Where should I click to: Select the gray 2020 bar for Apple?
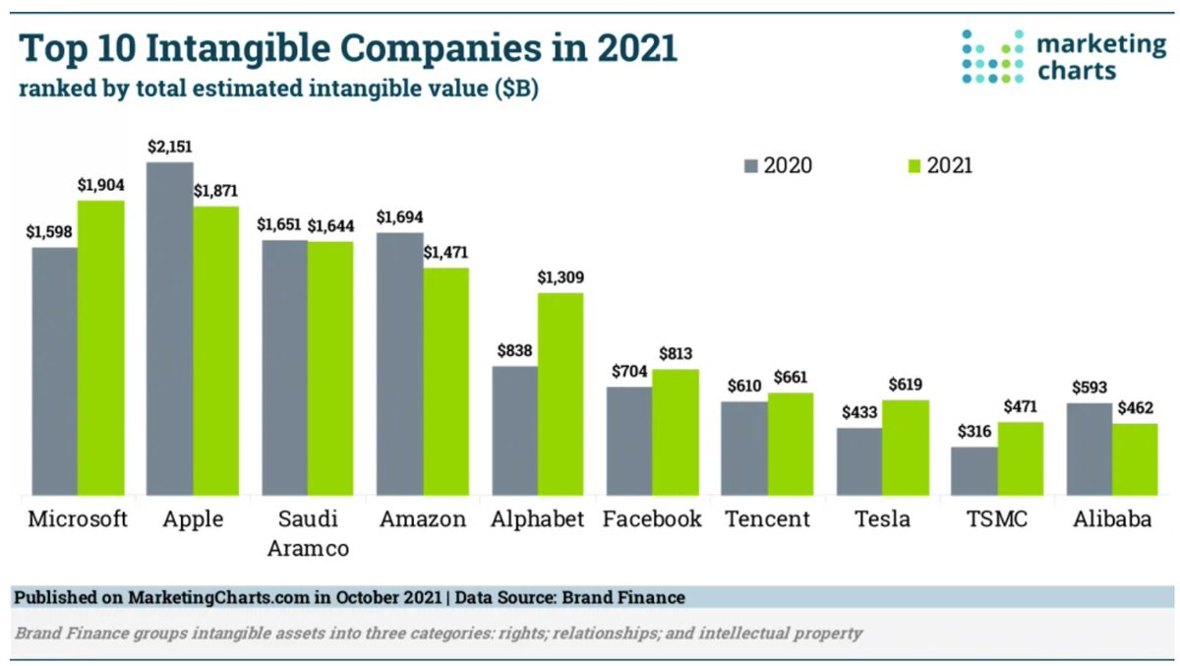pyautogui.click(x=169, y=329)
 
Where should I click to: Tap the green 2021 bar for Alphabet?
pyautogui.click(x=560, y=394)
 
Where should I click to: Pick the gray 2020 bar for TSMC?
pyautogui.click(x=973, y=471)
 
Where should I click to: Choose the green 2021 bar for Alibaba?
pyautogui.click(x=1135, y=459)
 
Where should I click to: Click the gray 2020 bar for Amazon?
pyautogui.click(x=399, y=364)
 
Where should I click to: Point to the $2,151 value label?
pyautogui.click(x=170, y=147)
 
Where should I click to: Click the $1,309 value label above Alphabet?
pyautogui.click(x=560, y=278)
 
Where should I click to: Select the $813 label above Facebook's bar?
pyautogui.click(x=676, y=354)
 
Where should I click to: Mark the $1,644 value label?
pyautogui.click(x=330, y=225)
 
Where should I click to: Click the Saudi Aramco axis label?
pyautogui.click(x=308, y=533)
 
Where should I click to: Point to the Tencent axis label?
pyautogui.click(x=766, y=519)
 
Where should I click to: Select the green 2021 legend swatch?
pyautogui.click(x=912, y=165)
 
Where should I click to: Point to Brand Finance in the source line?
pyautogui.click(x=631, y=597)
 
